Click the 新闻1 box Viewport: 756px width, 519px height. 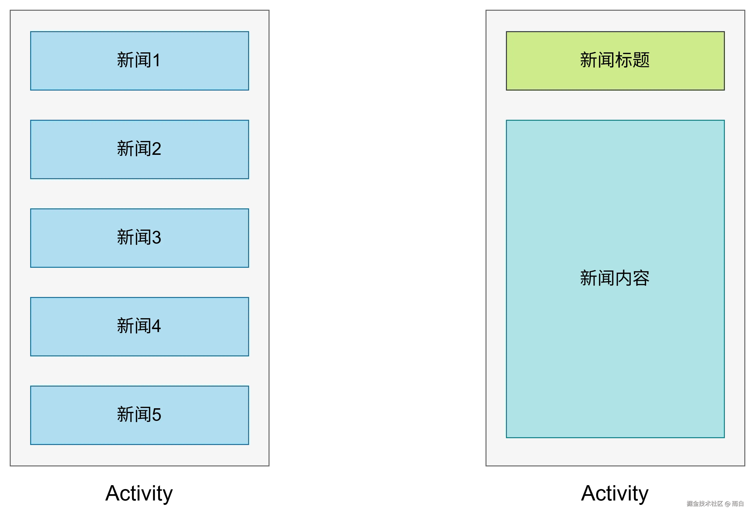[x=140, y=61]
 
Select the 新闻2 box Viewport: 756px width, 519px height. [x=140, y=149]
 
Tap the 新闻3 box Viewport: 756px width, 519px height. [x=140, y=238]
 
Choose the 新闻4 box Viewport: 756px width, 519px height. [x=140, y=327]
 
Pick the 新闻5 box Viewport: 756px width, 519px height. [x=140, y=415]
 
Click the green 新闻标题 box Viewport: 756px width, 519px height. [x=615, y=61]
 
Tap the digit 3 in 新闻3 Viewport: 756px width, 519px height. [x=156, y=238]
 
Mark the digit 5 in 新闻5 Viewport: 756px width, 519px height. [x=156, y=415]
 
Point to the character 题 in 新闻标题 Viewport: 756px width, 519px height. [x=641, y=60]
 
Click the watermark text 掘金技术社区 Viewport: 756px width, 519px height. [x=704, y=503]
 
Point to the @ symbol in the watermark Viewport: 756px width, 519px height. [x=727, y=503]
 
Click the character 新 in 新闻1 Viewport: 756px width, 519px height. [x=126, y=60]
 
